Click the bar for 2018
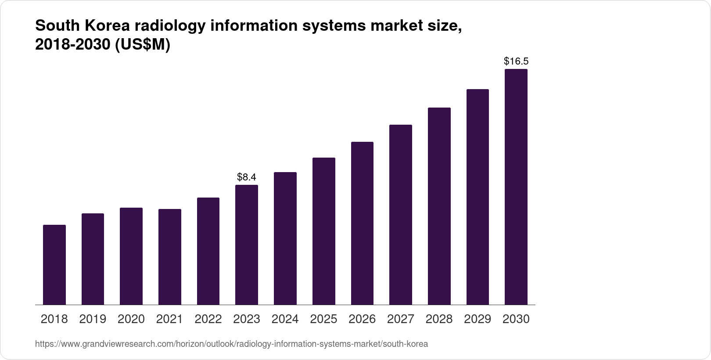(x=54, y=265)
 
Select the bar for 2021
(x=170, y=257)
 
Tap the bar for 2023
(x=247, y=245)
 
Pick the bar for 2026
(x=362, y=223)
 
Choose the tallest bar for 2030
(x=516, y=187)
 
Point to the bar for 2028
(x=439, y=206)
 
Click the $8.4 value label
(x=247, y=177)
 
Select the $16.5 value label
(x=516, y=61)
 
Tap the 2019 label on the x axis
(x=93, y=319)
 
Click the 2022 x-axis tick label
(x=208, y=319)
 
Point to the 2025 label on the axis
(x=323, y=319)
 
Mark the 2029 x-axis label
(x=478, y=319)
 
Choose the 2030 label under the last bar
(x=516, y=319)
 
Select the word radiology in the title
(x=170, y=26)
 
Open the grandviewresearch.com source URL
(x=231, y=344)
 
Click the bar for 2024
(x=285, y=238)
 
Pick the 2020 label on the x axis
(x=131, y=319)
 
